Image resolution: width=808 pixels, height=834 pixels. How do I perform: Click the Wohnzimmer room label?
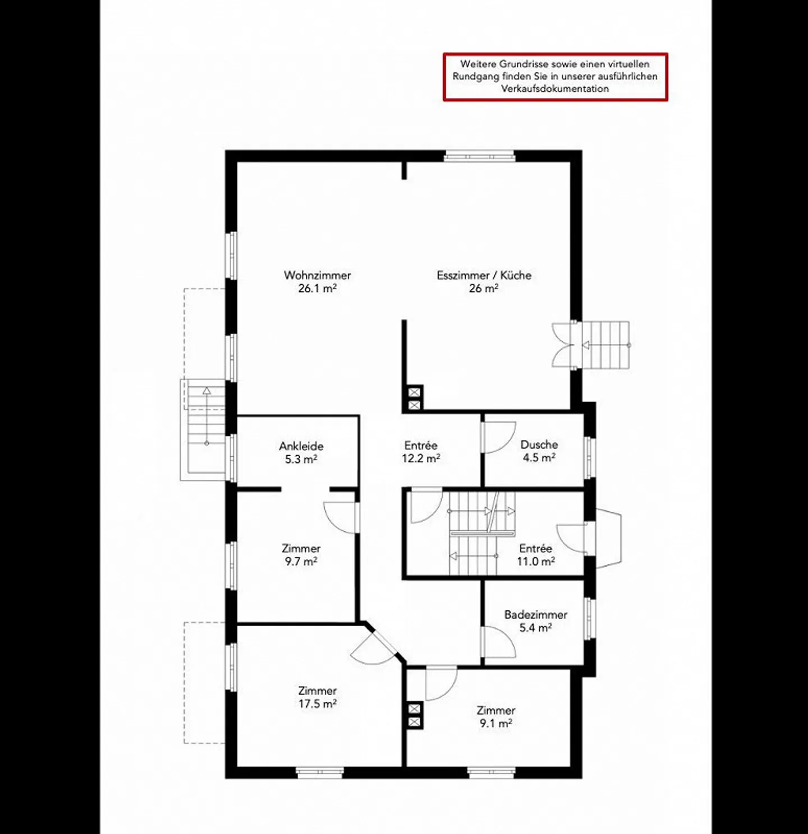(317, 275)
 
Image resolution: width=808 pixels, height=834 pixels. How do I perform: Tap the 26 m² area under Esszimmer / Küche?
(483, 289)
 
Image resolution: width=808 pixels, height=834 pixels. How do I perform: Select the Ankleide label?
(301, 446)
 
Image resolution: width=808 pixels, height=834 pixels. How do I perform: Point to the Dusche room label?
(539, 444)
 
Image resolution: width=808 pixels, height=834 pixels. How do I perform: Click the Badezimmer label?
(535, 615)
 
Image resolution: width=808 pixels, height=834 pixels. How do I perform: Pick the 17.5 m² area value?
(317, 704)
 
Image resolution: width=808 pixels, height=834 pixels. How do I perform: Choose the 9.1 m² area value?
(495, 724)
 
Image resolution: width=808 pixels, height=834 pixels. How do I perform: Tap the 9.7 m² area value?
(301, 562)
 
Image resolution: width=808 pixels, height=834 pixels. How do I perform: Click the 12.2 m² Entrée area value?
(420, 458)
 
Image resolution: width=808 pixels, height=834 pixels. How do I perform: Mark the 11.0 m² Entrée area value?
(535, 562)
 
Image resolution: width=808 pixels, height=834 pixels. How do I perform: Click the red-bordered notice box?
(555, 77)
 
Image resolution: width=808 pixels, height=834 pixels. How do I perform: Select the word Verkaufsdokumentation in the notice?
(554, 89)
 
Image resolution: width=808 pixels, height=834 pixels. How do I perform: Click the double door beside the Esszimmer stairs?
(564, 345)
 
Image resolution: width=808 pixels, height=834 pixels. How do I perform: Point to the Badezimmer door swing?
(498, 642)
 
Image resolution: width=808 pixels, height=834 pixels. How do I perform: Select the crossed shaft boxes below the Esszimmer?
(414, 399)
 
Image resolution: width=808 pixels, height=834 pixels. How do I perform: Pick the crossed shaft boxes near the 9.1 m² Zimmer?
(414, 716)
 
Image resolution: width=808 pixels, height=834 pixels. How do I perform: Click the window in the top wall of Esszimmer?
(479, 156)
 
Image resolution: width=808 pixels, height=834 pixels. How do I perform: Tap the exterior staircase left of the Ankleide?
(205, 429)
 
